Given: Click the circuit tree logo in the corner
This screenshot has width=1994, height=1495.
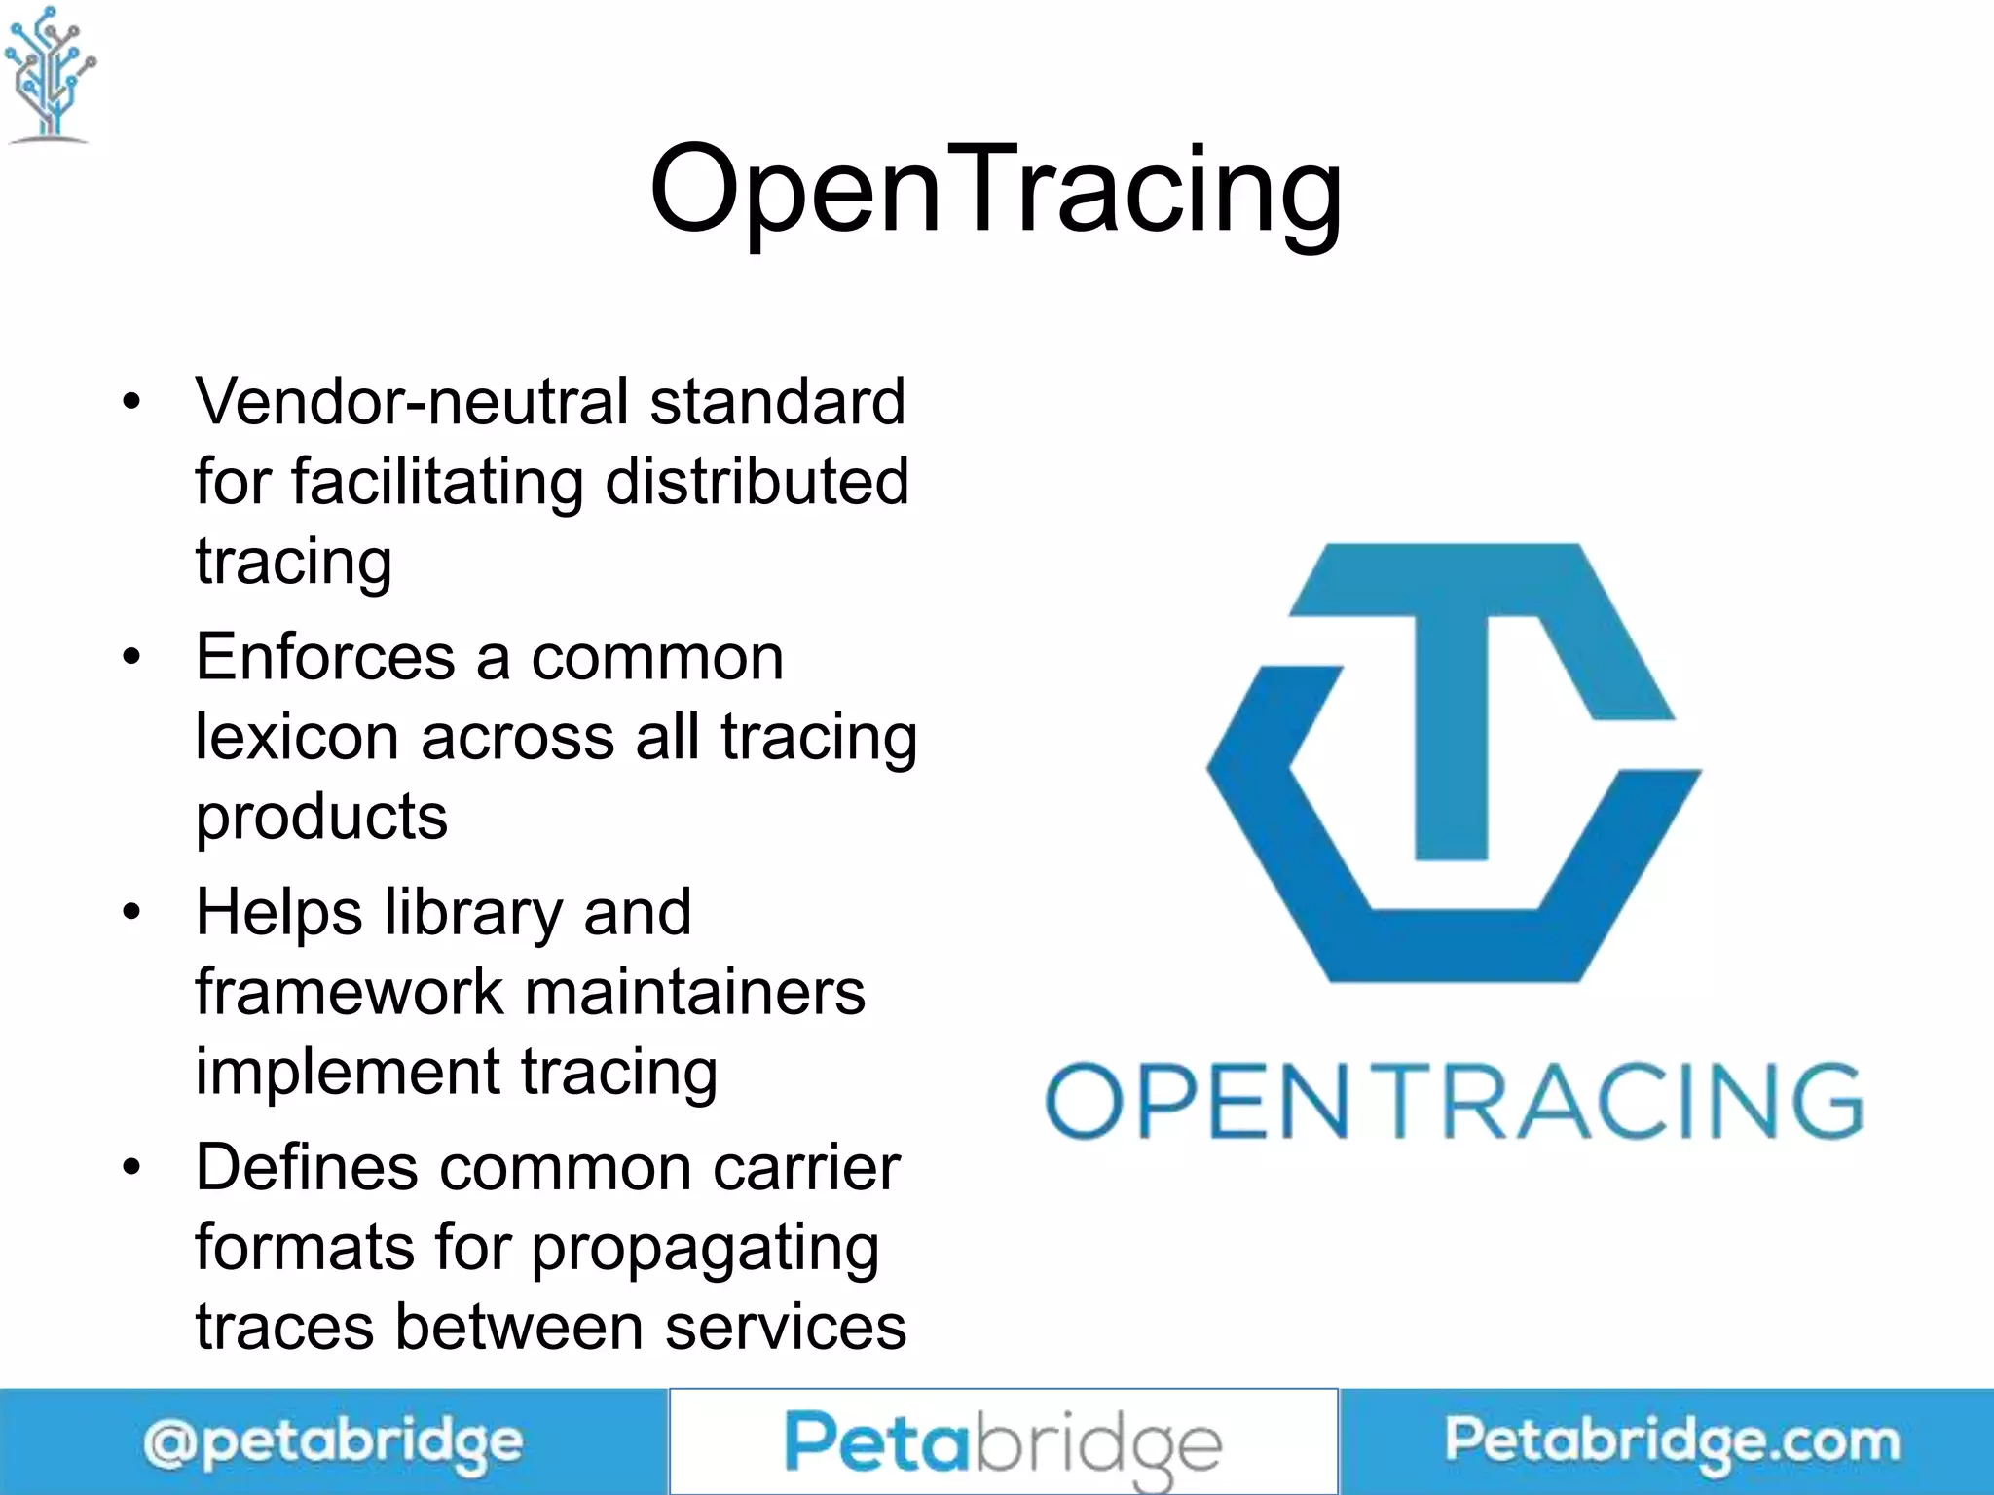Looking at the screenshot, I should click(x=50, y=74).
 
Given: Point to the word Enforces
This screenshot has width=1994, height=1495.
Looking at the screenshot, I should click(x=325, y=657).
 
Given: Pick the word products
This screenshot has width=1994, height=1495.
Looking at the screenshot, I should click(x=321, y=817).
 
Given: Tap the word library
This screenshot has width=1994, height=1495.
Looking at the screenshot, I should click(x=472, y=913).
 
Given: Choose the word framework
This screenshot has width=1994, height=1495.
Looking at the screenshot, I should click(x=350, y=993).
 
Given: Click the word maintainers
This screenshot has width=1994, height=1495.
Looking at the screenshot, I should click(x=695, y=993).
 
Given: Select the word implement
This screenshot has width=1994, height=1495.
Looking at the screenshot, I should click(x=348, y=1073).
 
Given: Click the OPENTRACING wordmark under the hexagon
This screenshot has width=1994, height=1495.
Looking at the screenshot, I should click(x=1454, y=1101).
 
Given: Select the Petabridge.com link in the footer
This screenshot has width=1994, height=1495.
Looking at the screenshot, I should click(x=1672, y=1441).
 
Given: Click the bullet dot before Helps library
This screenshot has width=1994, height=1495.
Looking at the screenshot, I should click(x=132, y=913).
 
